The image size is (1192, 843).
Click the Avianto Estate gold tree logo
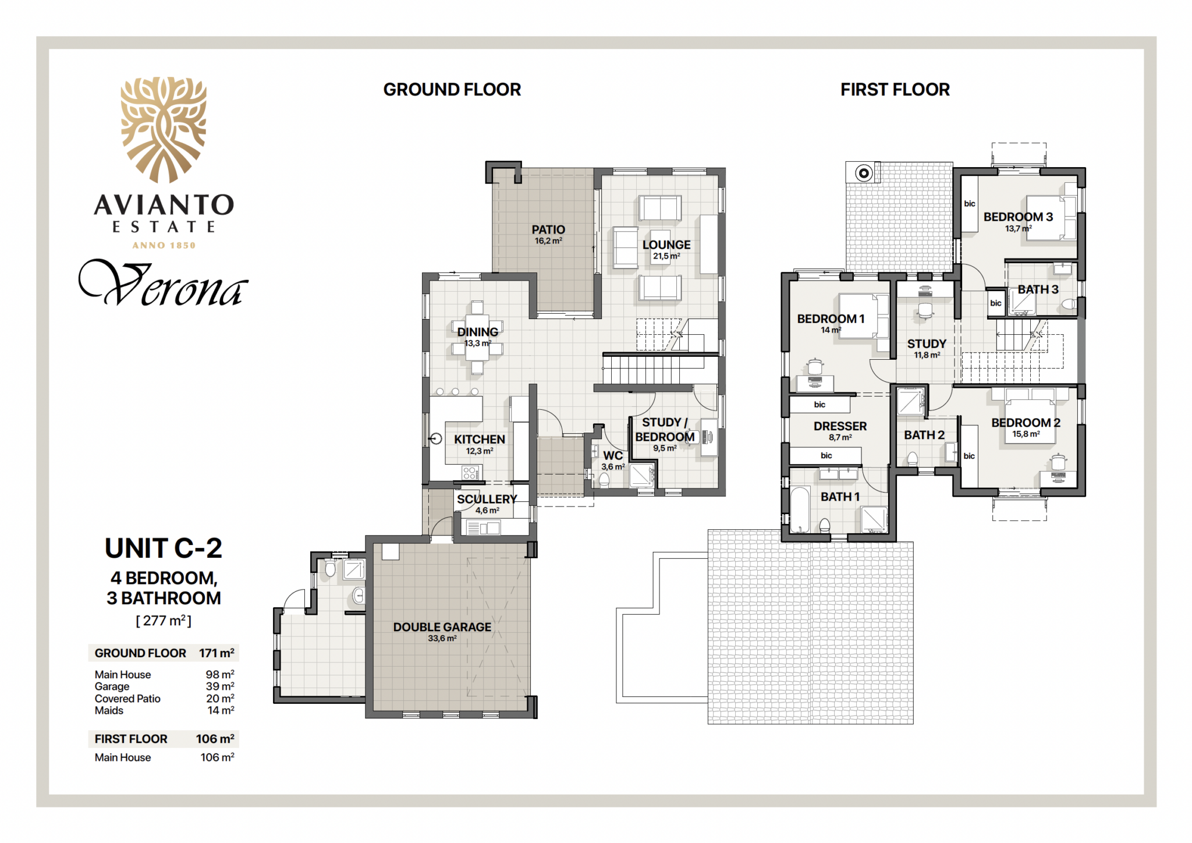[164, 130]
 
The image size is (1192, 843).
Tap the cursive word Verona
[164, 284]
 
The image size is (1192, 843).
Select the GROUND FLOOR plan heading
[452, 90]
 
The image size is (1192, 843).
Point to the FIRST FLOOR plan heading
[895, 90]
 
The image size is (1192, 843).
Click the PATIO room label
[548, 230]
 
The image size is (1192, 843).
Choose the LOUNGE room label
[666, 245]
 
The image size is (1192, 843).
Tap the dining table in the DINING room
[477, 338]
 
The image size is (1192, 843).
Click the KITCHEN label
[480, 440]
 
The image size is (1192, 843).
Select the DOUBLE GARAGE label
[442, 627]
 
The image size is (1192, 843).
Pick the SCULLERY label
[487, 499]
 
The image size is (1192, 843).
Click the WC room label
[613, 456]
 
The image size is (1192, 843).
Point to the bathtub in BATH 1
[800, 509]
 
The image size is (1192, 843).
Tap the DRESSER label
[840, 426]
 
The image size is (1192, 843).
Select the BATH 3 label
[1038, 289]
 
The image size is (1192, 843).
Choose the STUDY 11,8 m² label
[927, 348]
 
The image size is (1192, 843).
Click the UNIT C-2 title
[164, 548]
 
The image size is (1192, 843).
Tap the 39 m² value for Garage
[220, 686]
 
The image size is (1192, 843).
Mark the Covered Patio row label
[127, 699]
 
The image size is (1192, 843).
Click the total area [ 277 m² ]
[164, 621]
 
